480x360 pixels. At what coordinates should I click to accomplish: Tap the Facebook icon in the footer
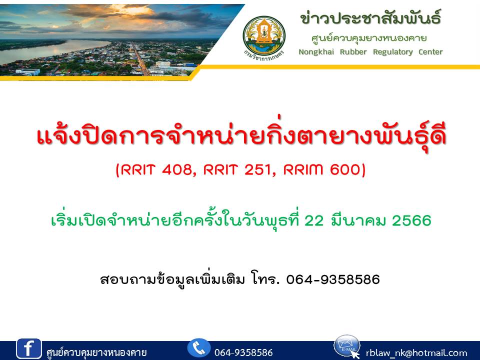click(29, 348)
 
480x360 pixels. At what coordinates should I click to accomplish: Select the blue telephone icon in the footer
click(199, 348)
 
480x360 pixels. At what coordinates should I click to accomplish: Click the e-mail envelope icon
click(347, 346)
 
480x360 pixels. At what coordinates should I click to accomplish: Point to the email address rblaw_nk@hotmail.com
click(416, 353)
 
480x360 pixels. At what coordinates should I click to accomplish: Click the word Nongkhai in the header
click(316, 52)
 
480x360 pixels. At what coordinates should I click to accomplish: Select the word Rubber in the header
click(353, 51)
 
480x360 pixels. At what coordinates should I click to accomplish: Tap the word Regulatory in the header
click(393, 52)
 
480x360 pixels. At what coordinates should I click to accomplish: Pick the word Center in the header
click(430, 51)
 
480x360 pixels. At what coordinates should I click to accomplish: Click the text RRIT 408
click(156, 169)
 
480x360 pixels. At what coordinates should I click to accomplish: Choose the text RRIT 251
click(237, 169)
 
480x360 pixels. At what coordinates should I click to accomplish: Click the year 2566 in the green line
click(411, 220)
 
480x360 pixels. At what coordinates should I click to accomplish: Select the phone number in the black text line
click(333, 279)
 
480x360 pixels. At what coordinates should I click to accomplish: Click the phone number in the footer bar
click(243, 352)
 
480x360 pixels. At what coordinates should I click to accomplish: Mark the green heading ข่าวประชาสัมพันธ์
click(370, 18)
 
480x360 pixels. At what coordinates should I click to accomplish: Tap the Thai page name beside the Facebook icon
click(96, 352)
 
